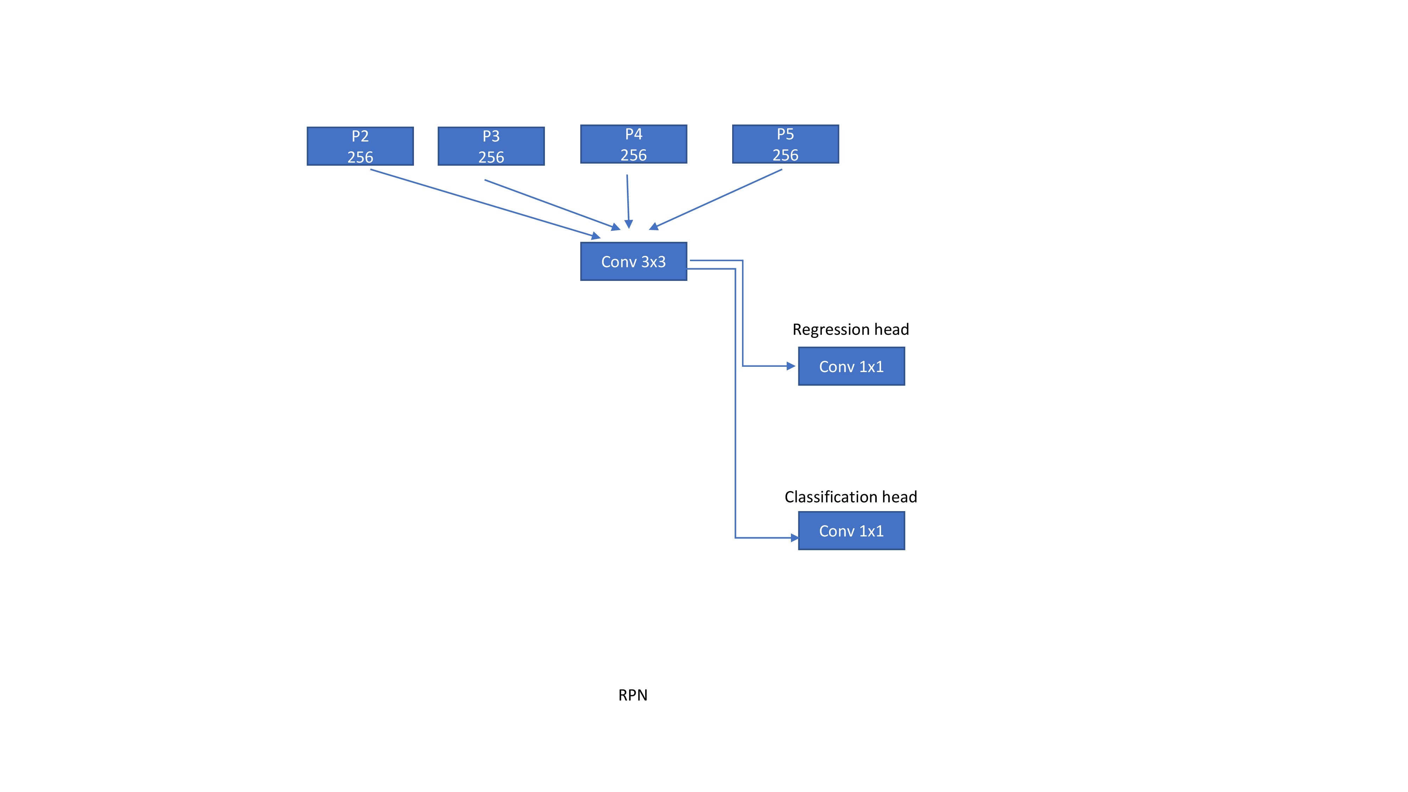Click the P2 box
click(x=360, y=146)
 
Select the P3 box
click(x=491, y=146)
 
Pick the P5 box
click(x=785, y=144)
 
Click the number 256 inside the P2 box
click(x=360, y=157)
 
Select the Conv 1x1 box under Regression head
click(x=851, y=366)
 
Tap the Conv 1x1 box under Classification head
click(x=851, y=531)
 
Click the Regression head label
click(x=850, y=329)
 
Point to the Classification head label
click(x=850, y=497)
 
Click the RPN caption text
click(x=633, y=695)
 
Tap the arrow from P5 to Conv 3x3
click(x=716, y=199)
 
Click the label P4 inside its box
click(x=634, y=134)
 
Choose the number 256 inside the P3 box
click(x=491, y=157)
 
